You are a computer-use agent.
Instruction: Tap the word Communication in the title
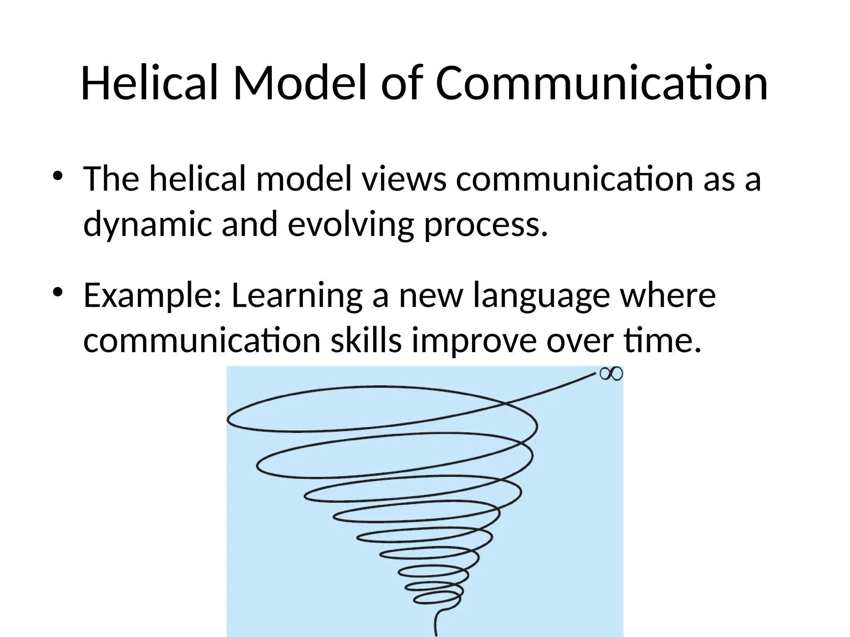(601, 84)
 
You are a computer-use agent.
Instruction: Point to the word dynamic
(148, 224)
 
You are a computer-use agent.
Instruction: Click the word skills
(366, 341)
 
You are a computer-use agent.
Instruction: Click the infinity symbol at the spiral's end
(611, 374)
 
